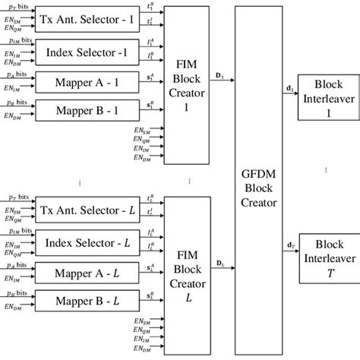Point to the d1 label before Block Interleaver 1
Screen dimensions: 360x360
[289, 88]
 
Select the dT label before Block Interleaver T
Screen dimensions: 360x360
[289, 245]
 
